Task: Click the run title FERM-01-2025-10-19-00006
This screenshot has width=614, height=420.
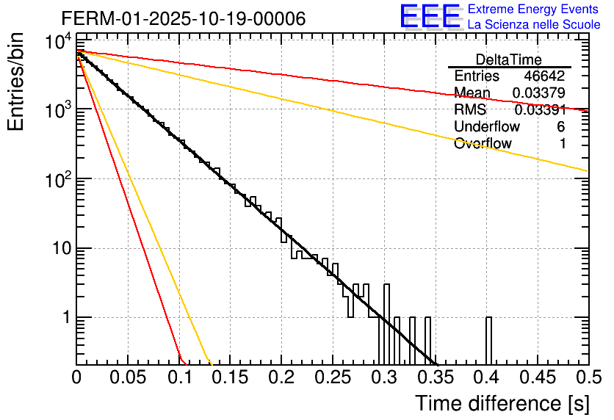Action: tap(184, 19)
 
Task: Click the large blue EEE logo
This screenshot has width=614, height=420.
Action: tap(430, 16)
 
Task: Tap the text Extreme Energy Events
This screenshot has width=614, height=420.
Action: tap(534, 10)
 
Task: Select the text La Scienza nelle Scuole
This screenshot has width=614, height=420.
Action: tap(534, 25)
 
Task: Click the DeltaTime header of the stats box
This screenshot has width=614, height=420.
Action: tap(509, 59)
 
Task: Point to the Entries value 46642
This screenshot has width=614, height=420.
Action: tap(545, 76)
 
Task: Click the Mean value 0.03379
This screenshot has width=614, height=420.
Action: tap(539, 93)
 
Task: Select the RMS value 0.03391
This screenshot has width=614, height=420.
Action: tap(539, 110)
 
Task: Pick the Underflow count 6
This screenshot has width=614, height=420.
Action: tap(561, 127)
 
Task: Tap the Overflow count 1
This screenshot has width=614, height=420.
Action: tap(563, 144)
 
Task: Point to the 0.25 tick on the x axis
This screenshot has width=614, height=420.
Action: tap(332, 377)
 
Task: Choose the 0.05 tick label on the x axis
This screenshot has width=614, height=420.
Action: tap(128, 377)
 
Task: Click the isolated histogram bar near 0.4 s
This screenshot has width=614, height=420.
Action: tap(488, 340)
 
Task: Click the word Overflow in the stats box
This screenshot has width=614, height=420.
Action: tap(483, 144)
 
